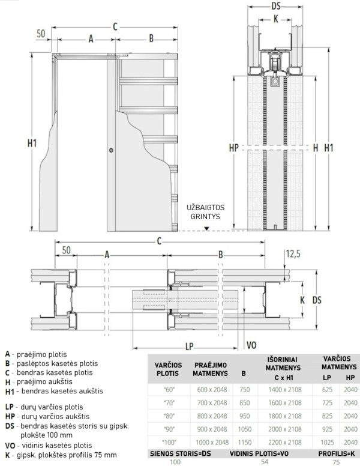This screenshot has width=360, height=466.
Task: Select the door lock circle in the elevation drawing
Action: (112, 150)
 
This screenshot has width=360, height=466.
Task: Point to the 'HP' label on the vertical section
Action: (234, 146)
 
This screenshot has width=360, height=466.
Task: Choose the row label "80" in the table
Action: (167, 415)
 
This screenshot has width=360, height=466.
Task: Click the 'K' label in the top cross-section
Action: (275, 18)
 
